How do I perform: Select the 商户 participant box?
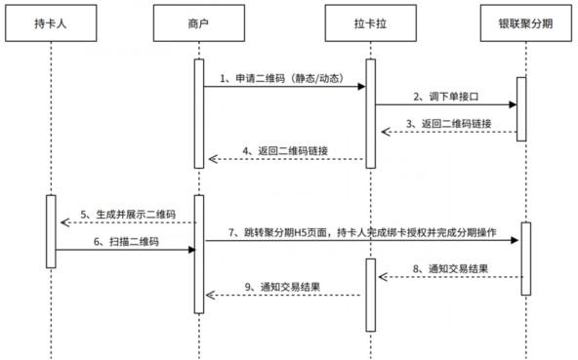(x=199, y=21)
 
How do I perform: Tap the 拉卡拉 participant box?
(x=370, y=21)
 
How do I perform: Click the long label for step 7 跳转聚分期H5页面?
(x=361, y=233)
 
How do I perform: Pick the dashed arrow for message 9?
(x=284, y=297)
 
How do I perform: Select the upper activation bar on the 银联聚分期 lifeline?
(x=520, y=107)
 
